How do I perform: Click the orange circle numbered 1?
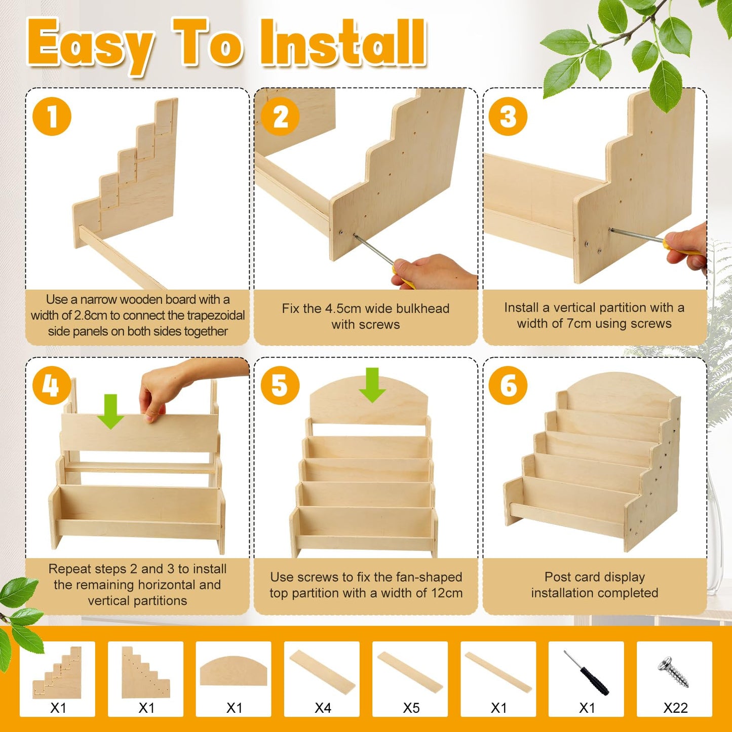tap(52, 116)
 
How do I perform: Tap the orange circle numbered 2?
tap(280, 116)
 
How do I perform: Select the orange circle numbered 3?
tap(508, 116)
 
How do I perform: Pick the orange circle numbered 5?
tap(280, 385)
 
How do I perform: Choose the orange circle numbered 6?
tap(508, 385)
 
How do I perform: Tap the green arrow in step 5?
tap(372, 385)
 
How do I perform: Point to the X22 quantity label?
tap(675, 708)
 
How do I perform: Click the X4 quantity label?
tap(323, 708)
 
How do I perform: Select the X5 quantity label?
tap(411, 708)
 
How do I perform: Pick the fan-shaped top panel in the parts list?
tap(233, 671)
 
